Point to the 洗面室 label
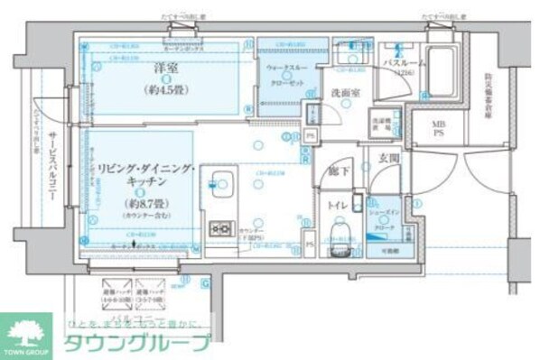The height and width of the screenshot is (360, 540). [344, 93]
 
